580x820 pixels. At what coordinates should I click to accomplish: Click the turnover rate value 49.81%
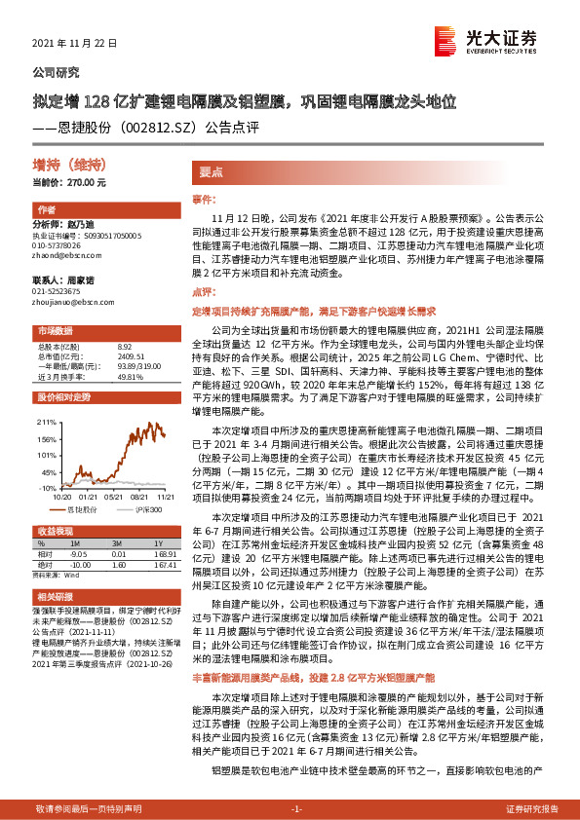point(130,376)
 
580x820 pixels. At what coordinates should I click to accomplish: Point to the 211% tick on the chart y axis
point(47,424)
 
